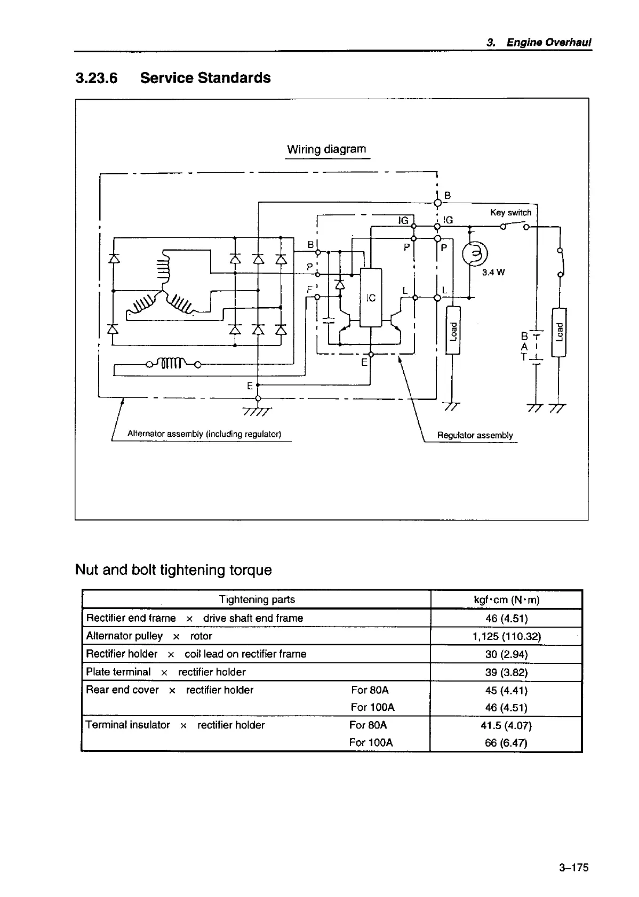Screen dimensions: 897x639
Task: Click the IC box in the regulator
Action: (371, 297)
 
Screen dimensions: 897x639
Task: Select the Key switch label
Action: (510, 212)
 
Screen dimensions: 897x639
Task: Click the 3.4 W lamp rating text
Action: (493, 273)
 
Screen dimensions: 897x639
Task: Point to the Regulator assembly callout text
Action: (475, 435)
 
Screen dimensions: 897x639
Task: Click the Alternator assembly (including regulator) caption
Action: (204, 434)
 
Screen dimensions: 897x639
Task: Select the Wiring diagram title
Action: (326, 149)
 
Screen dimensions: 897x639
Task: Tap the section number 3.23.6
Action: (96, 78)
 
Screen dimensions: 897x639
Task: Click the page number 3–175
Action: (573, 868)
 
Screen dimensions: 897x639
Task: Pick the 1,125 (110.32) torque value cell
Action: (506, 636)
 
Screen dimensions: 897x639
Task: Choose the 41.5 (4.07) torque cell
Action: (506, 725)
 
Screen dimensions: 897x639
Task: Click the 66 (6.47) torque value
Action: (506, 743)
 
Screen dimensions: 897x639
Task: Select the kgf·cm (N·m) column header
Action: (506, 600)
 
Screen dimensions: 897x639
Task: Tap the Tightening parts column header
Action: (257, 599)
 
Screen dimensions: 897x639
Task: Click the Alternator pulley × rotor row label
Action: (149, 636)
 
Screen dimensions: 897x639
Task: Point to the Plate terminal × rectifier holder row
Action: (165, 672)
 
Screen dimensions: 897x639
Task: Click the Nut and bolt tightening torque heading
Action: (173, 570)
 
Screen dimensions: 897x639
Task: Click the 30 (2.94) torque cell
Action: (506, 654)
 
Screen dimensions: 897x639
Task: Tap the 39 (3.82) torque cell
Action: (506, 672)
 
